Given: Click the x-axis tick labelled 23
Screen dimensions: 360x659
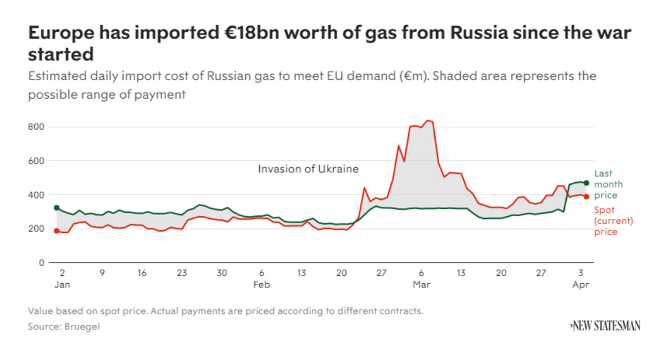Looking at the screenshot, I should click(182, 273).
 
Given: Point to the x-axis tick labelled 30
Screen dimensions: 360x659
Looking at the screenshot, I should click(221, 273).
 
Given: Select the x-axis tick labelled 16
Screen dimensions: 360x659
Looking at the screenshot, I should click(142, 273).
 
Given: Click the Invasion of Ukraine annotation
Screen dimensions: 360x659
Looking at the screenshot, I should click(308, 169).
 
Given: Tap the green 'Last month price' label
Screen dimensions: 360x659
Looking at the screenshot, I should click(606, 184).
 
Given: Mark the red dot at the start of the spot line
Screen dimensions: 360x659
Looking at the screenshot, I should click(56, 231).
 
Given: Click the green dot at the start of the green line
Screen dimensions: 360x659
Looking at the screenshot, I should click(56, 208).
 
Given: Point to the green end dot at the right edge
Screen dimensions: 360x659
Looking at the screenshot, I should click(587, 183).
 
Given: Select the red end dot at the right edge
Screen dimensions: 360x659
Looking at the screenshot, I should click(587, 196).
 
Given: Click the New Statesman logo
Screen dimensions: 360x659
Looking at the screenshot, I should click(605, 326).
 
